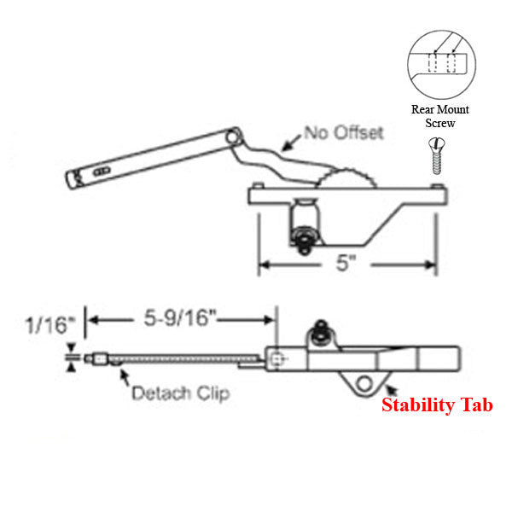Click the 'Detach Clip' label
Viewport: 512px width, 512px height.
click(x=180, y=393)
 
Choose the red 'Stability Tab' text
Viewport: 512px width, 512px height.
click(x=437, y=405)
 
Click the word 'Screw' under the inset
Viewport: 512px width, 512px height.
click(x=440, y=124)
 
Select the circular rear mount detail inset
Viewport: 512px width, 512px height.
click(x=440, y=65)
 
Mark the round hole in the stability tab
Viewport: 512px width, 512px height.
click(x=367, y=382)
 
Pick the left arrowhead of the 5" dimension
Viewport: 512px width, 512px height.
click(x=265, y=265)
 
